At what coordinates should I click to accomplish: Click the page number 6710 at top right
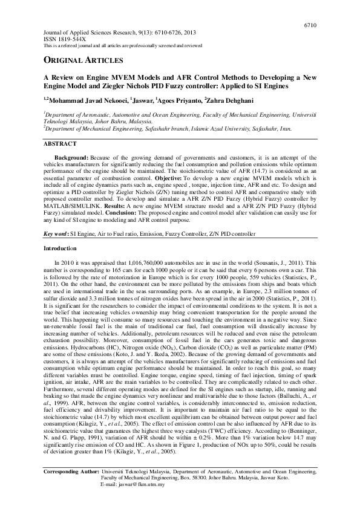(x=309, y=24)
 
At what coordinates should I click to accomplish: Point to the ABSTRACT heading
(x=59, y=144)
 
